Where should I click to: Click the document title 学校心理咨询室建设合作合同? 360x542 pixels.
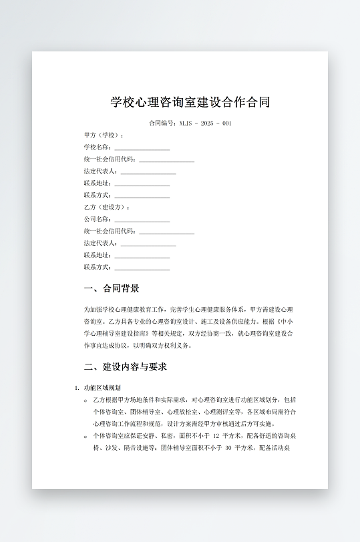click(x=190, y=103)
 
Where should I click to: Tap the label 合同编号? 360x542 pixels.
click(x=162, y=123)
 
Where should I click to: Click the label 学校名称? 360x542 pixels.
click(x=98, y=147)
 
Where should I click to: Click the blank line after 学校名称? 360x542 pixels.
click(x=142, y=148)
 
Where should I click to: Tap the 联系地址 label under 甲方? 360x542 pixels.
click(x=98, y=183)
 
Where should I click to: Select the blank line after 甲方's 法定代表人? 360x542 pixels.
click(x=148, y=172)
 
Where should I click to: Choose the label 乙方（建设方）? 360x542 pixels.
click(x=106, y=207)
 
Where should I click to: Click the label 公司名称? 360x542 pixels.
click(x=98, y=219)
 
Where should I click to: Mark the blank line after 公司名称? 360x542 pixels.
click(x=142, y=220)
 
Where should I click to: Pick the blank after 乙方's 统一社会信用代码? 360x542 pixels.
click(x=166, y=232)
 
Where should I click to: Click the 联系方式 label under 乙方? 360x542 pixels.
click(x=98, y=267)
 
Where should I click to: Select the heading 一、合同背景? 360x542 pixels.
click(x=112, y=289)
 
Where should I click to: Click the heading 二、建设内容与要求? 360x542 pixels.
click(x=125, y=367)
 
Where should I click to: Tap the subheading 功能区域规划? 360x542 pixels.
click(x=102, y=388)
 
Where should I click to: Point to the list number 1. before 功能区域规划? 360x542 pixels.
click(x=77, y=388)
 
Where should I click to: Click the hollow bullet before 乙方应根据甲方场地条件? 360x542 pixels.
click(x=85, y=400)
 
